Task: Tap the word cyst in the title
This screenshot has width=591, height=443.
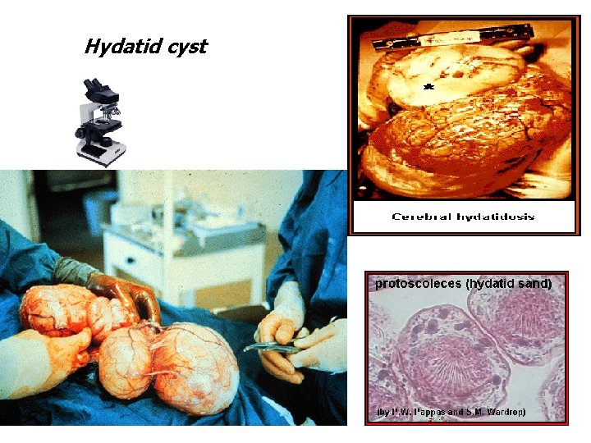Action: [185, 47]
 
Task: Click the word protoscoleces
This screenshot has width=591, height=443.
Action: [418, 284]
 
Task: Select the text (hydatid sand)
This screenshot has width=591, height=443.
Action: [508, 284]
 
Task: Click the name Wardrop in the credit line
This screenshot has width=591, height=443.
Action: [505, 411]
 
